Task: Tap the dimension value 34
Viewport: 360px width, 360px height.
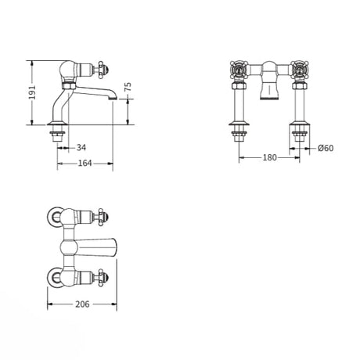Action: coord(81,147)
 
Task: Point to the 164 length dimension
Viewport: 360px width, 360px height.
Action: coord(86,163)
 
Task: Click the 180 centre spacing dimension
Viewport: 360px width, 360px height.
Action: coord(268,157)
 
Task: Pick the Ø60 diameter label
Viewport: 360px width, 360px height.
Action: coord(327,147)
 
